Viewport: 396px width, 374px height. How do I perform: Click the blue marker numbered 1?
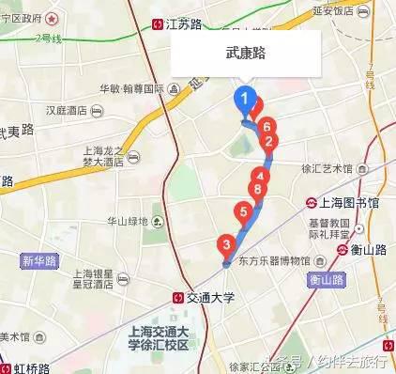click(246, 99)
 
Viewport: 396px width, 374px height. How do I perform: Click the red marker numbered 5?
click(244, 212)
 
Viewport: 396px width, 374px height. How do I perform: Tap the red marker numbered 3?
click(225, 246)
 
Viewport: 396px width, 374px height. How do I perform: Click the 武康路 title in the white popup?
click(246, 54)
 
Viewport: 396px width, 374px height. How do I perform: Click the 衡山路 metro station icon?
click(343, 250)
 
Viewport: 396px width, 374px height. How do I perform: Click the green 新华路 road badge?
click(40, 260)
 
